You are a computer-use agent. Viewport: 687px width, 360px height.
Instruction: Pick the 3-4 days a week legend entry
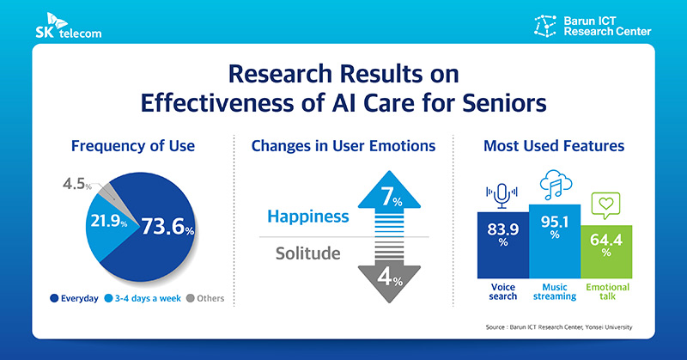(138, 298)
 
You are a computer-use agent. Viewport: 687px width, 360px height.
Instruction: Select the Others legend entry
(204, 298)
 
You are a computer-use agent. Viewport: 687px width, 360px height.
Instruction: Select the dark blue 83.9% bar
(502, 243)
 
